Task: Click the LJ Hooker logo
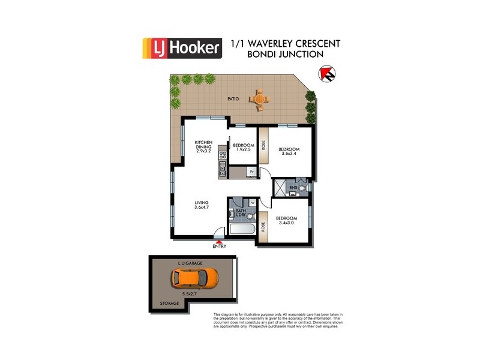point(182,47)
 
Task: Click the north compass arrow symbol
point(327,74)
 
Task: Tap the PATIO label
point(234,98)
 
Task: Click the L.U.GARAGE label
point(190,263)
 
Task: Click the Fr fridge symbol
point(253,172)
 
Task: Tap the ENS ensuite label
point(293,188)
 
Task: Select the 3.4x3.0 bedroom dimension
point(286,223)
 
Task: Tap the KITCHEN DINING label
point(204,146)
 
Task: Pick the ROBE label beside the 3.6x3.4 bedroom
point(262,146)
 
